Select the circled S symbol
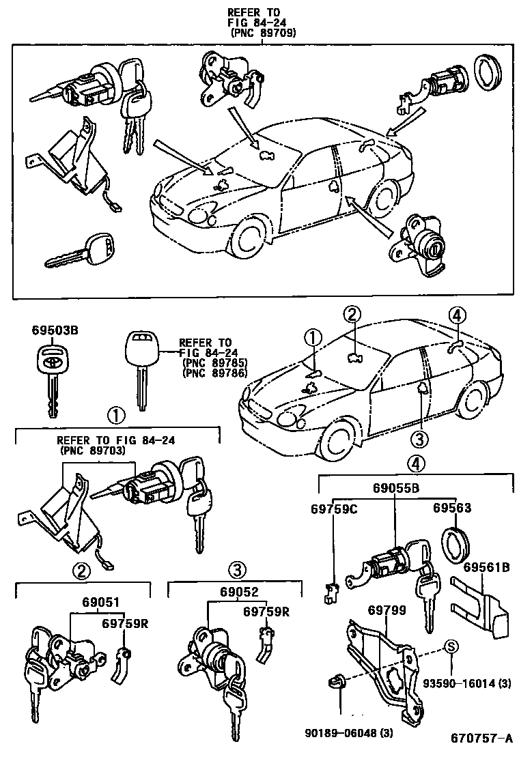(x=451, y=647)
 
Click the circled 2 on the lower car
(x=351, y=315)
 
